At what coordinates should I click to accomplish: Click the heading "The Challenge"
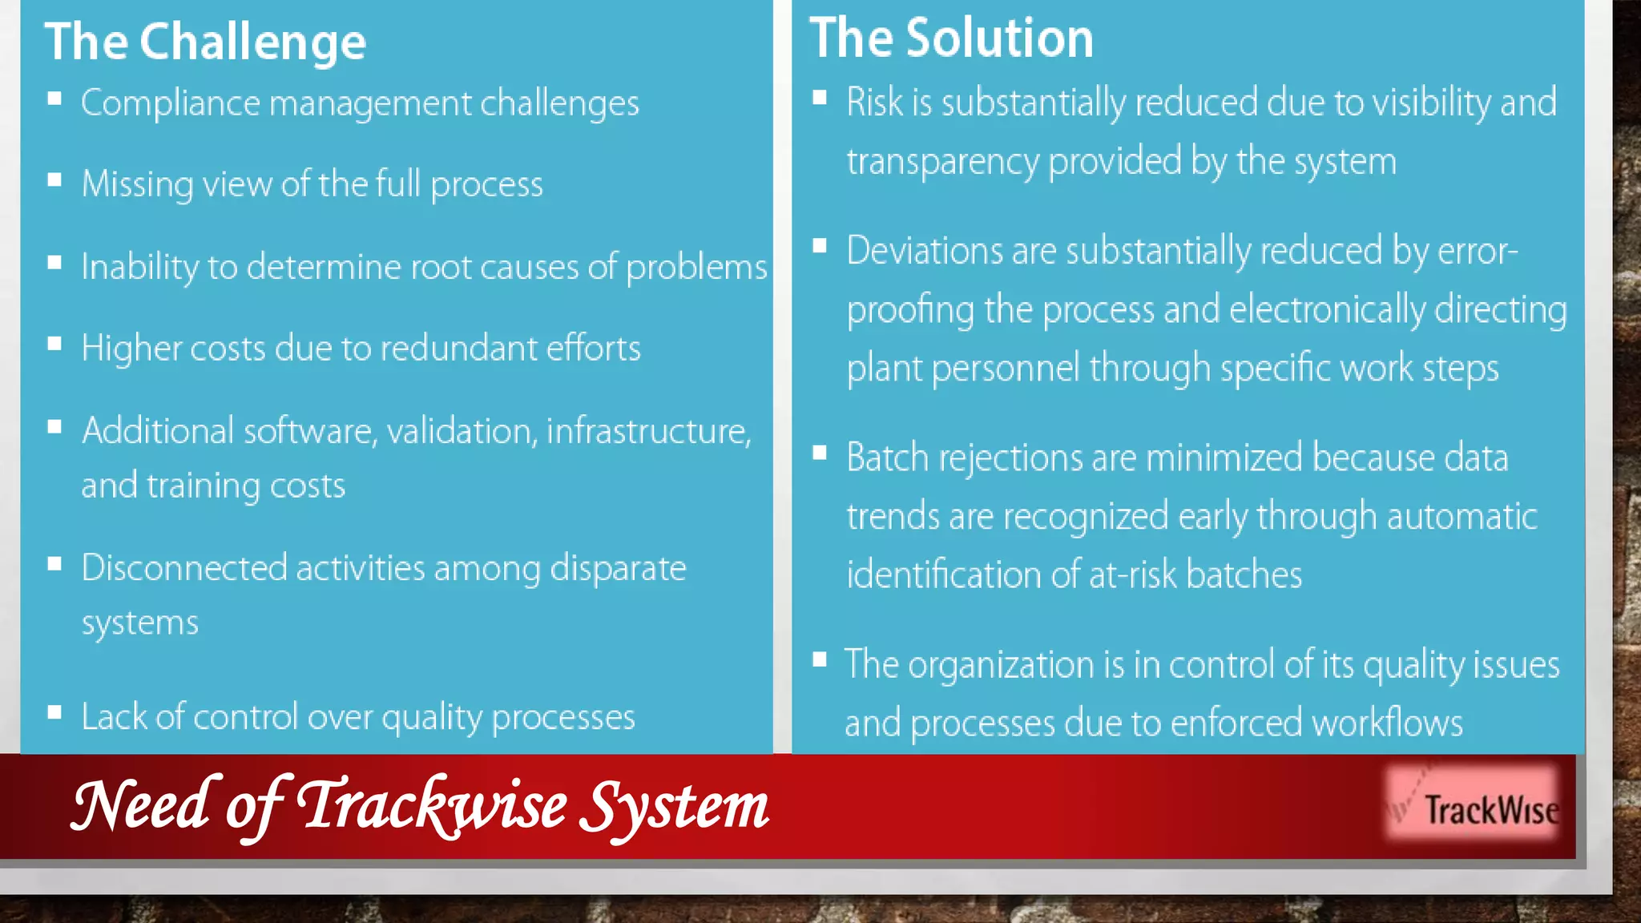205,42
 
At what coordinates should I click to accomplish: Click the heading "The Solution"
951,38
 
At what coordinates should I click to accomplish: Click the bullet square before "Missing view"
54,180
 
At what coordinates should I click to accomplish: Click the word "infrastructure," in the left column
648,431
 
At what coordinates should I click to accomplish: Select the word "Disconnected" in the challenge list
184,568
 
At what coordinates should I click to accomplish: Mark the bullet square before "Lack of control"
54,712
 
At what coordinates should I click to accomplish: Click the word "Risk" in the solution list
874,103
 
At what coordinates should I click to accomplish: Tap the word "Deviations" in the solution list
924,251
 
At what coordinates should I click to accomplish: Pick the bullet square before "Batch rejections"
819,453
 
